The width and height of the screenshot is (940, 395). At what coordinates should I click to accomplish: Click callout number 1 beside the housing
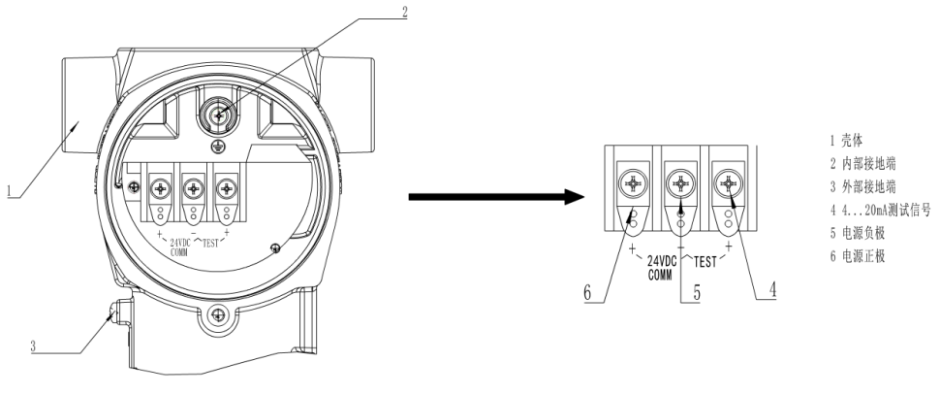[11, 192]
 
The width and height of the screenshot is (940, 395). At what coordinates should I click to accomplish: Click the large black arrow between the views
[495, 199]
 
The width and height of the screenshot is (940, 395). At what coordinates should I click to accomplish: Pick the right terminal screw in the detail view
[728, 182]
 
